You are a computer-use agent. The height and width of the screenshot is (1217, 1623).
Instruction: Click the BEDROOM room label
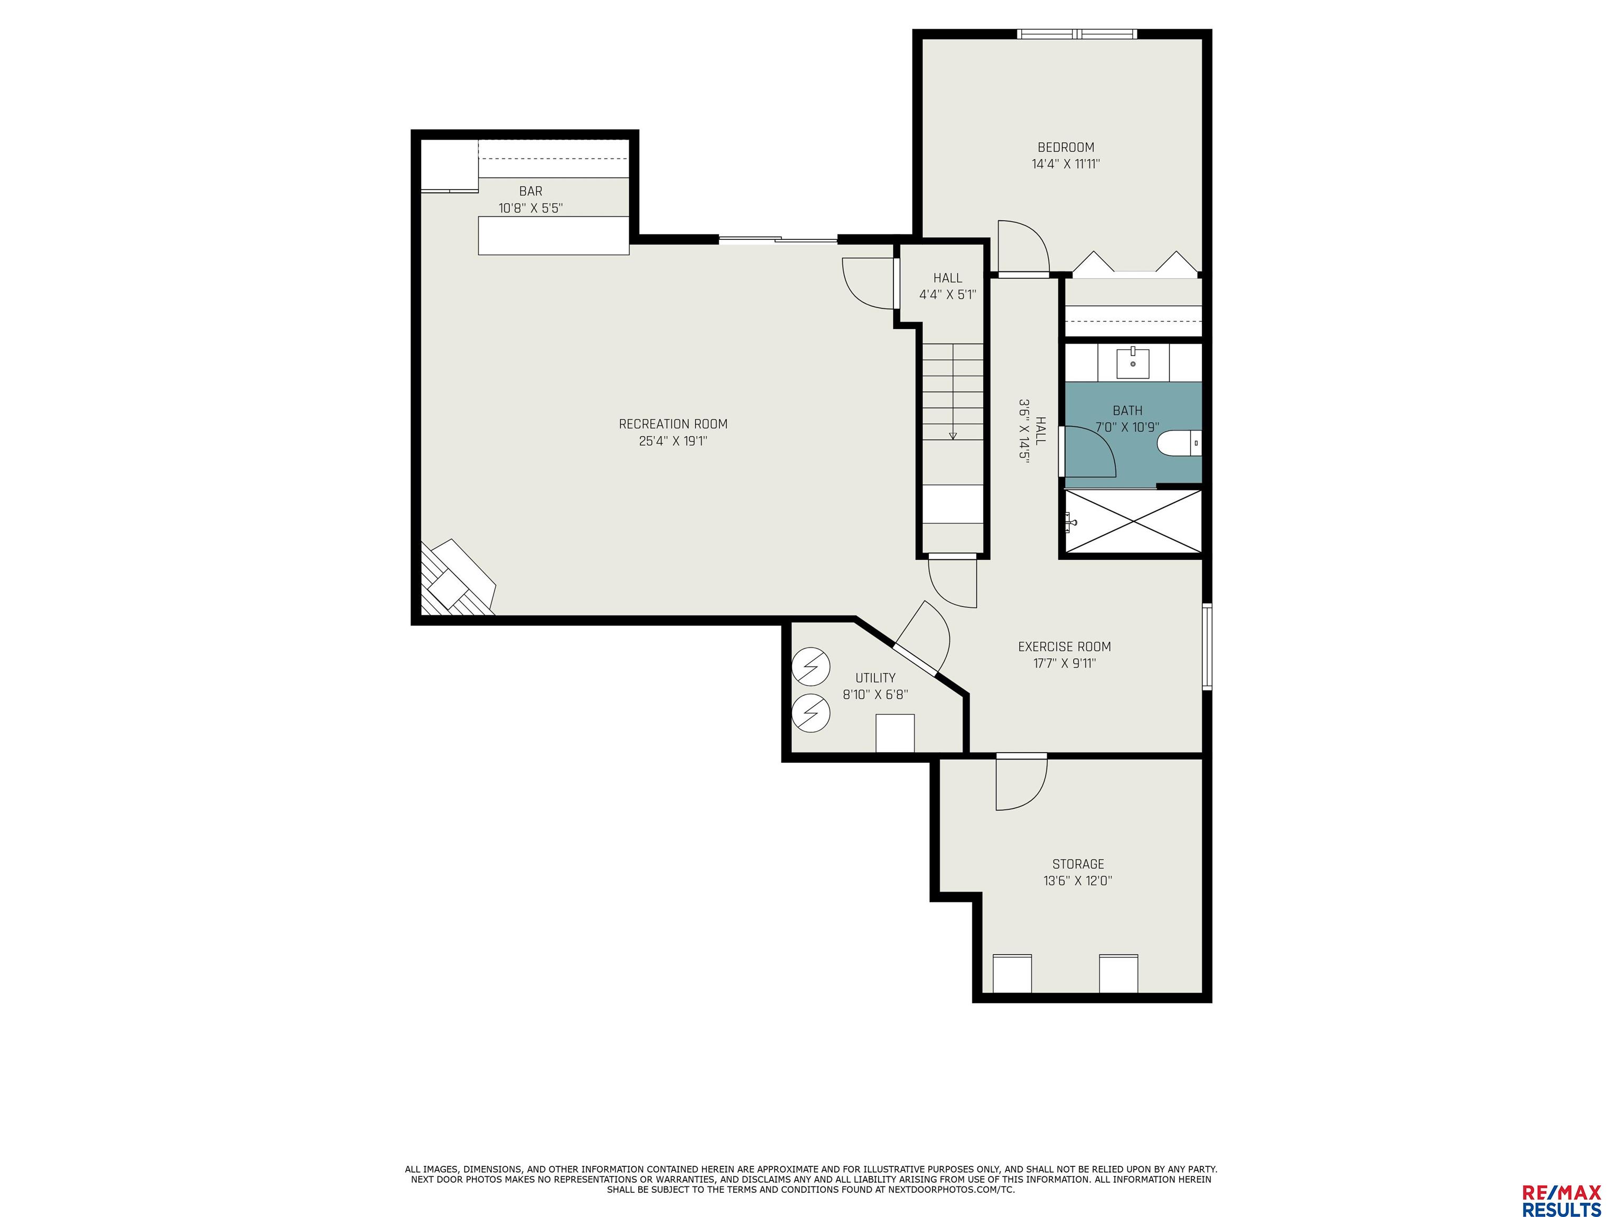click(x=1066, y=147)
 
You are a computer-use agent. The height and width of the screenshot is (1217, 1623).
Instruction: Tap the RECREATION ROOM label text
click(x=673, y=424)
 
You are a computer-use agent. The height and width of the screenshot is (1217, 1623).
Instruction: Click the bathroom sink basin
click(x=1133, y=362)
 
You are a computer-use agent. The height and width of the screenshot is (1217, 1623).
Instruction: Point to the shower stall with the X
click(x=1133, y=521)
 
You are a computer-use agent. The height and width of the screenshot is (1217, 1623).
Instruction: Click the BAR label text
click(x=530, y=191)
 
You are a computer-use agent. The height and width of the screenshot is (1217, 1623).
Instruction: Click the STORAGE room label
click(x=1078, y=864)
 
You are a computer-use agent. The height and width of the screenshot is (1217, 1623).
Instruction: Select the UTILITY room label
click(x=875, y=678)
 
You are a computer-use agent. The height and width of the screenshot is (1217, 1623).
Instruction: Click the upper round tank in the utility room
click(x=811, y=667)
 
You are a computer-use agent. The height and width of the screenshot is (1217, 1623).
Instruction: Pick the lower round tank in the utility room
click(x=811, y=713)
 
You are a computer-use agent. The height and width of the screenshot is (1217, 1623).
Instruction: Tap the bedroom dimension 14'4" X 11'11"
click(x=1066, y=164)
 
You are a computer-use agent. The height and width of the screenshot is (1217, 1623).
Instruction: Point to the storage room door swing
click(x=1021, y=783)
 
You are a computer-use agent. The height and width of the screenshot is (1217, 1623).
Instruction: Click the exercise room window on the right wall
click(x=1207, y=647)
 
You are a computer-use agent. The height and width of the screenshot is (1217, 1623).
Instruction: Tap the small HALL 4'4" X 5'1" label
click(x=947, y=287)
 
